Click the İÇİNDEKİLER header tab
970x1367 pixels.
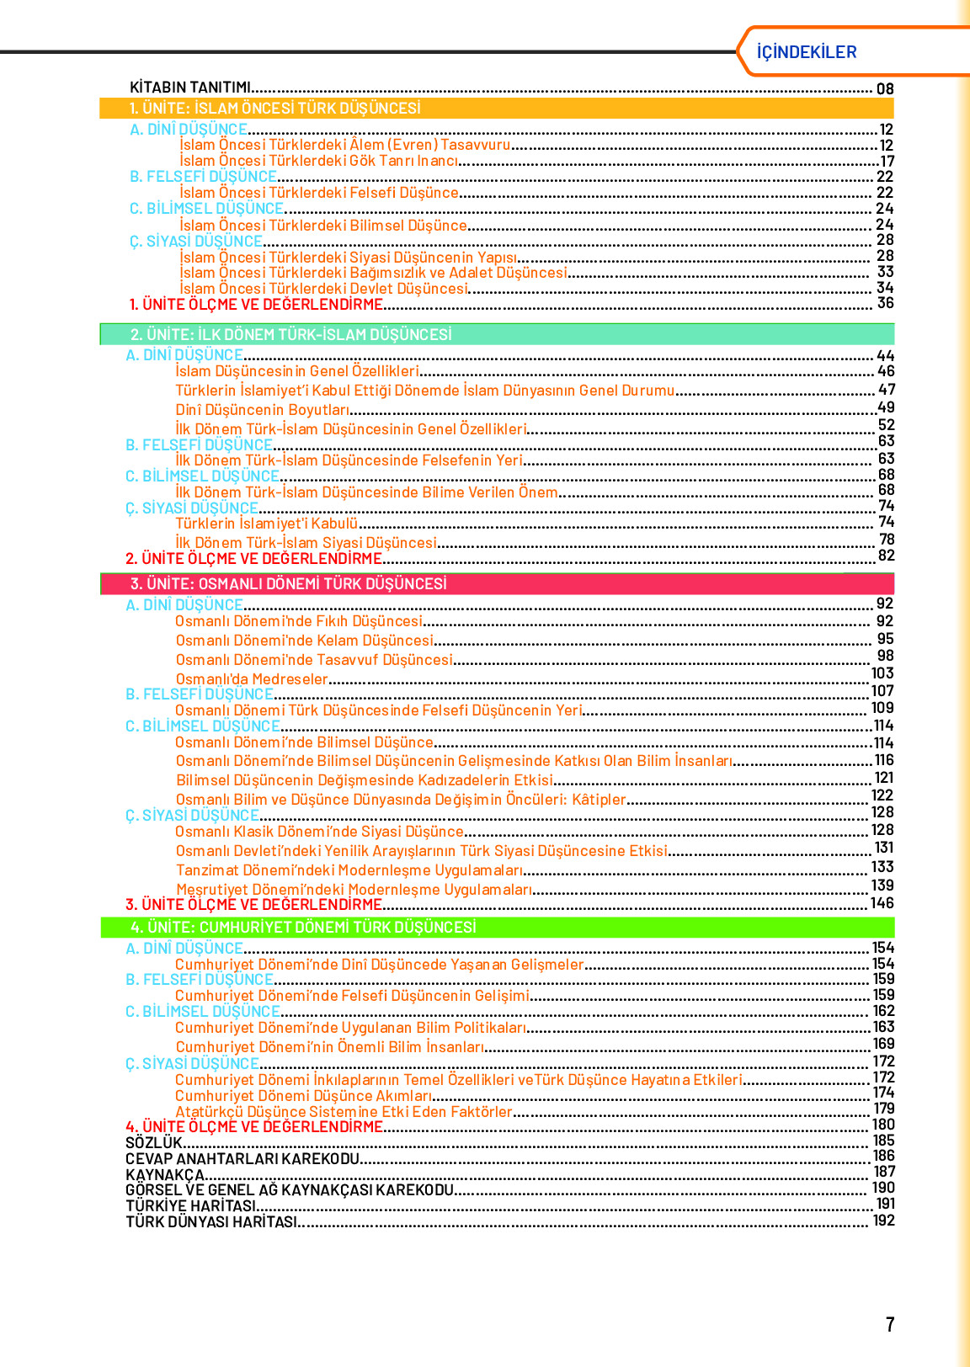(x=806, y=52)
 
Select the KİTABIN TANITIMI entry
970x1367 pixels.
(x=190, y=88)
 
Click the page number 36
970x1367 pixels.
(x=885, y=303)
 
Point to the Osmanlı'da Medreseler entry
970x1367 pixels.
(x=251, y=678)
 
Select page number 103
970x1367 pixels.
(x=882, y=673)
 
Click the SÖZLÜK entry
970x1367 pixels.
(x=153, y=1142)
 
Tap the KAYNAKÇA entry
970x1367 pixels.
(x=165, y=1174)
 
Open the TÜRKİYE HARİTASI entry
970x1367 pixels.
(x=190, y=1205)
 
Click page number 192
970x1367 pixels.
(x=883, y=1221)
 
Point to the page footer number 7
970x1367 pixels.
(x=890, y=1324)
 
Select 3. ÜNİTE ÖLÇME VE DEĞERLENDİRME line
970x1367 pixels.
(x=253, y=904)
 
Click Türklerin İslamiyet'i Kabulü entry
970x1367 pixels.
(x=266, y=524)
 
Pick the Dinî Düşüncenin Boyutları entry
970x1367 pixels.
(x=262, y=410)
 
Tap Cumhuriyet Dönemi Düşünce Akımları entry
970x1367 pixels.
(x=303, y=1095)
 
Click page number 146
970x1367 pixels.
(x=882, y=903)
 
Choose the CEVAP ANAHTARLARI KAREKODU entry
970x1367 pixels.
(x=242, y=1158)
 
